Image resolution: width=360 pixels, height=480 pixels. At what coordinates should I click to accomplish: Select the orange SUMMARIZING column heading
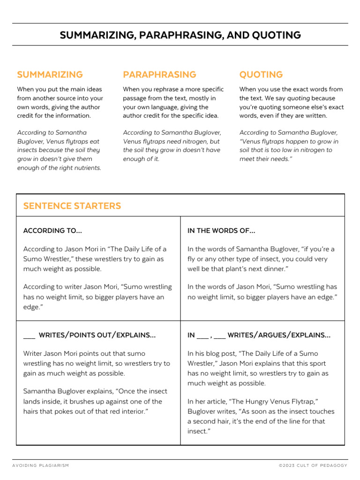[x=50, y=75]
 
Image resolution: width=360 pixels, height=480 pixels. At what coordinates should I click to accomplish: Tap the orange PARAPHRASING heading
[x=159, y=75]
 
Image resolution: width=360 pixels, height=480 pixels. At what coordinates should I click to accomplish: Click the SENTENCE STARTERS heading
[x=72, y=206]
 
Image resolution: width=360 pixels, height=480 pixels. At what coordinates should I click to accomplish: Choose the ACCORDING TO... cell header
[x=52, y=231]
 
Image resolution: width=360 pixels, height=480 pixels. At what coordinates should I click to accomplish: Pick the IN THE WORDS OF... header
[x=221, y=231]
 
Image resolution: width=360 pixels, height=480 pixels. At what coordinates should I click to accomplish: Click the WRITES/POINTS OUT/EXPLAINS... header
[x=97, y=335]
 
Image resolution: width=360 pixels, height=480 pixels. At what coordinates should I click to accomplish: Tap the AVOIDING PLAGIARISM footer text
[x=41, y=465]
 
